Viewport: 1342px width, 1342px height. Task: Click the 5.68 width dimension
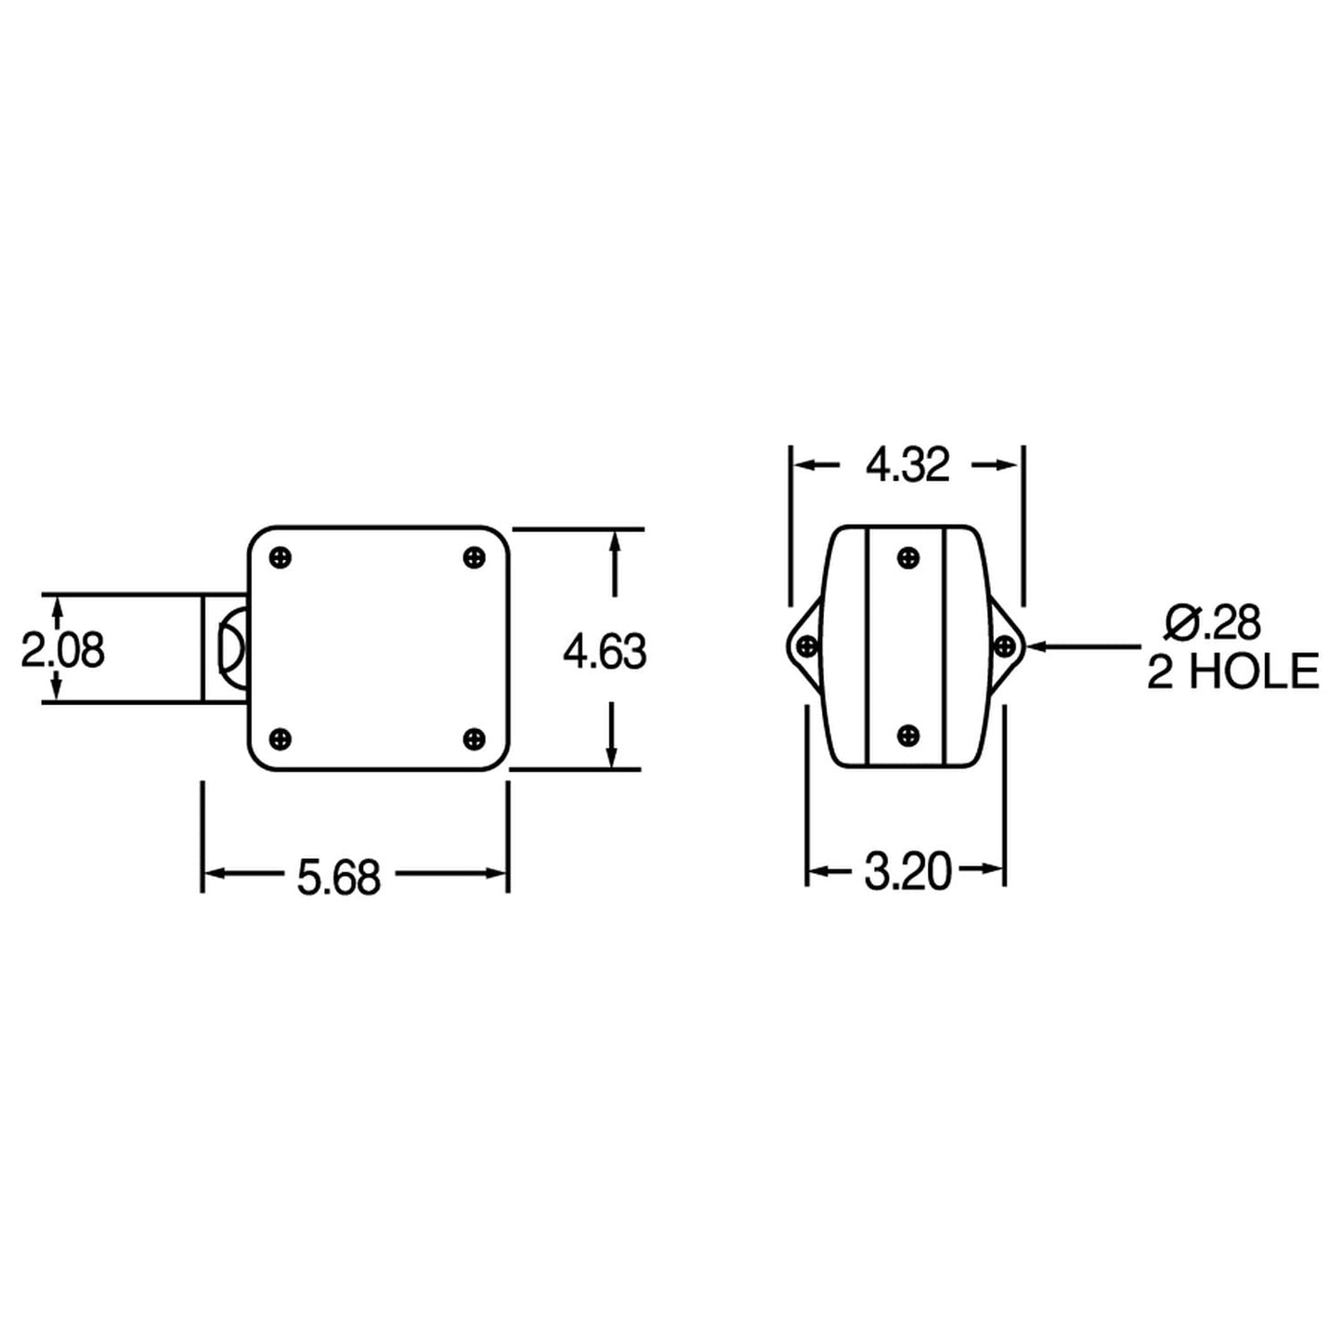click(x=338, y=878)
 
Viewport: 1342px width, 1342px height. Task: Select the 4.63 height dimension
click(x=605, y=652)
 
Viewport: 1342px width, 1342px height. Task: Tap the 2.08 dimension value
click(x=63, y=651)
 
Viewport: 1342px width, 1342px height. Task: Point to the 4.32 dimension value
click(x=907, y=465)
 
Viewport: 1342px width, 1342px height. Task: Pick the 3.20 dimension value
click(x=907, y=873)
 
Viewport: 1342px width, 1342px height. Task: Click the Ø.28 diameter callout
click(x=1213, y=623)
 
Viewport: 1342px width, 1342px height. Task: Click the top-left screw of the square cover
click(x=282, y=558)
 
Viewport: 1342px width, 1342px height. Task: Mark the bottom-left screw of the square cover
click(x=282, y=738)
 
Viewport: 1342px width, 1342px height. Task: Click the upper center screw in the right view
click(x=908, y=558)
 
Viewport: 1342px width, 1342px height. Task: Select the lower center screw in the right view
click(x=908, y=735)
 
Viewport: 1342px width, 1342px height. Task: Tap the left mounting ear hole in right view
click(x=807, y=645)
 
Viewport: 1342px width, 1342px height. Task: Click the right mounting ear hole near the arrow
click(x=1004, y=645)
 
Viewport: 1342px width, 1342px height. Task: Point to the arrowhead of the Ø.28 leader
click(x=1034, y=645)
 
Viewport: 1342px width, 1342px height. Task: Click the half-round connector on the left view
click(x=230, y=649)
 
